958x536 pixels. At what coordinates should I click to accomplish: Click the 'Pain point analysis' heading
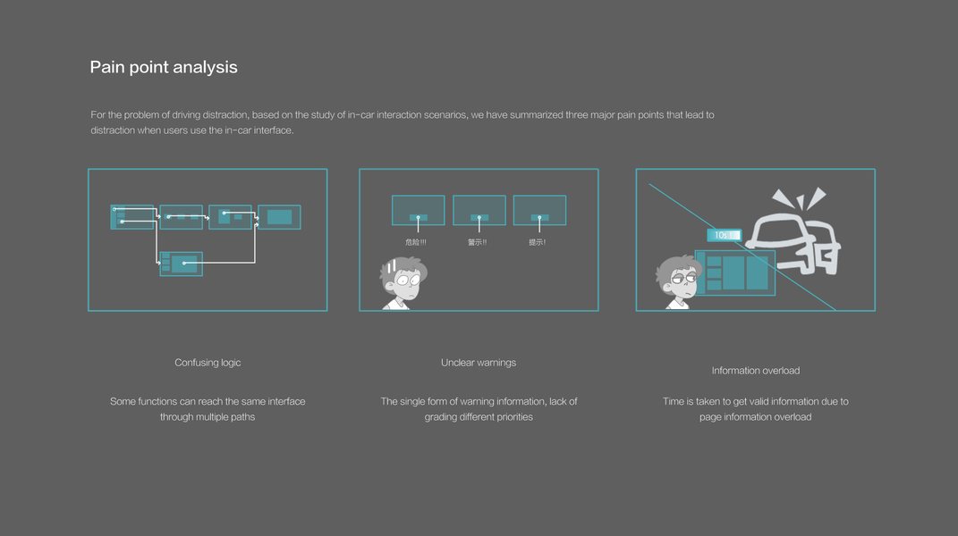164,67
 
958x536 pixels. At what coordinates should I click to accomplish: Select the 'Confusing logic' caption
208,363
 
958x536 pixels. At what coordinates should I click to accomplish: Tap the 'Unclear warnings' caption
479,363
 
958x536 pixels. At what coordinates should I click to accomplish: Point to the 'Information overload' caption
756,371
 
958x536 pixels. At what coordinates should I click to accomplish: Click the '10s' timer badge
724,235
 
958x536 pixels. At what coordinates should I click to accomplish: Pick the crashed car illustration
793,234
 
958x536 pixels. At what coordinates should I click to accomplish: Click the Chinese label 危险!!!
416,242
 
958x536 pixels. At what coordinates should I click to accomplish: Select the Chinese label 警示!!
477,242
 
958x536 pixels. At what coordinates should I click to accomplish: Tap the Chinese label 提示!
538,242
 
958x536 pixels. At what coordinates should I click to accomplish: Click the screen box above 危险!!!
418,210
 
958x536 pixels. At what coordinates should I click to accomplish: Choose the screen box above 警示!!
479,210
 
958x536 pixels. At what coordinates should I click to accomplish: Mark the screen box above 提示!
539,210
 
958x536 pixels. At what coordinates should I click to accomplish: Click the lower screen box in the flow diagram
182,264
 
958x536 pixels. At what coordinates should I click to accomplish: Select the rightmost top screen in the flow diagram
279,217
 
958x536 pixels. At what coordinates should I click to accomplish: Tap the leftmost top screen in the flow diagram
132,217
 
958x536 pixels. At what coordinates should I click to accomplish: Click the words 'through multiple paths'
208,417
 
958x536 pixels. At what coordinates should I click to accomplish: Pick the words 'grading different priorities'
479,417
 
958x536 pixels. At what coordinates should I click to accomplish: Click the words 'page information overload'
756,417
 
